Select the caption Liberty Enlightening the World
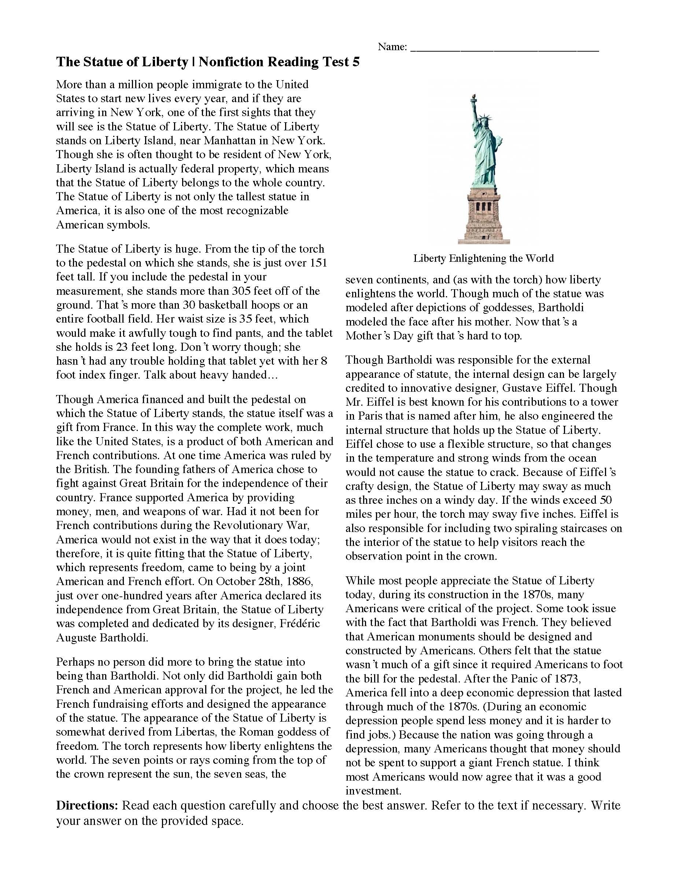pyautogui.click(x=483, y=258)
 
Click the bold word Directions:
pyautogui.click(x=87, y=806)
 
